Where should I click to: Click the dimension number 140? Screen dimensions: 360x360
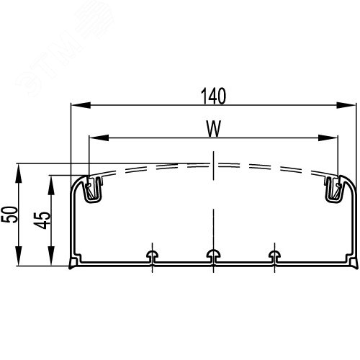[212, 96]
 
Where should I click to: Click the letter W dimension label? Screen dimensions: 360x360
[212, 128]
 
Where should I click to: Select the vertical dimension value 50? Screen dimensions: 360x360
[9, 215]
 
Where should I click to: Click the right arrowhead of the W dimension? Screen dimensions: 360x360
[335, 138]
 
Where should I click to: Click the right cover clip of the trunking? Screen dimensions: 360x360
[333, 189]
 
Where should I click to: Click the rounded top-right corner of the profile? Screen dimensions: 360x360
[350, 181]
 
